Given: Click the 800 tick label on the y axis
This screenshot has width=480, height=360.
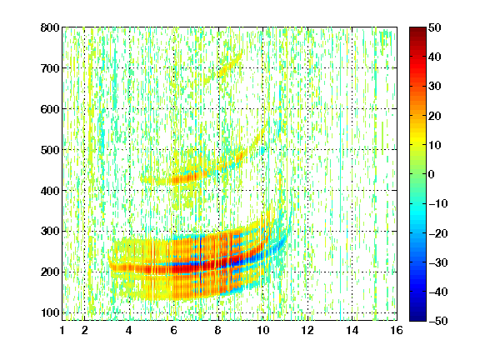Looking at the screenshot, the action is coord(50,27).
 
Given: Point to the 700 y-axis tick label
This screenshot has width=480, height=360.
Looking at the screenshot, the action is coord(50,68).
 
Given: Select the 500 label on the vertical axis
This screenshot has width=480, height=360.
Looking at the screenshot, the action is coord(50,150).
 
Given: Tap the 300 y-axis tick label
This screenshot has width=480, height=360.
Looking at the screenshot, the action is coord(50,232).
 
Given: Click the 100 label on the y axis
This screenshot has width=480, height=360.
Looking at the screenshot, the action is coord(50,312).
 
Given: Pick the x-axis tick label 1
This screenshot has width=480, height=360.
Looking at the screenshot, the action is coord(62,330).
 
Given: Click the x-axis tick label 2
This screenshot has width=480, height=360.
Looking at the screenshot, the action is coord(84,330).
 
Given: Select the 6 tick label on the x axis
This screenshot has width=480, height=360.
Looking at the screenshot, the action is coord(173,330).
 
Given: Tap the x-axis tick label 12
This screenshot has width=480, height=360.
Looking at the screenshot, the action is coord(307,330).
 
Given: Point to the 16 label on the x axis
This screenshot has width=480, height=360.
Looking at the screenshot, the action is coord(397,330).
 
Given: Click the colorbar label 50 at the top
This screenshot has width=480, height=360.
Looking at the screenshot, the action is coord(434,27).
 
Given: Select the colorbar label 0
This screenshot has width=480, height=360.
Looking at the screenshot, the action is coord(432,174).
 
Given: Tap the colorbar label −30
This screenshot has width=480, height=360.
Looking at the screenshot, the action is coord(438,262).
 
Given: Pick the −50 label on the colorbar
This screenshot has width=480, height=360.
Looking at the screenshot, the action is coord(438,321).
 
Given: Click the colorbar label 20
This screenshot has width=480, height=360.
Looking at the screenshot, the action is coord(434,116).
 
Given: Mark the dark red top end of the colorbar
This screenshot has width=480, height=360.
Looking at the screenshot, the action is coord(417,28).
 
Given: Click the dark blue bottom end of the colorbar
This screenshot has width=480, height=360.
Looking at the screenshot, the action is coord(417,319).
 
